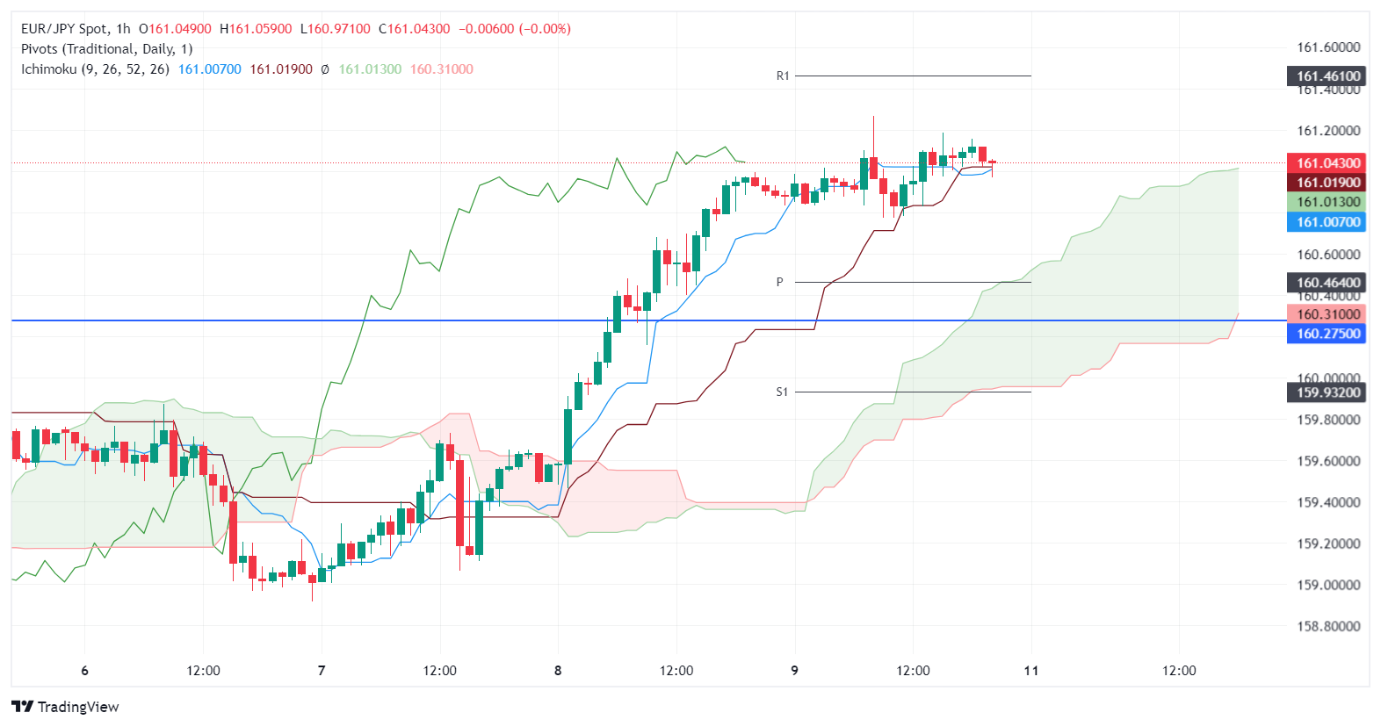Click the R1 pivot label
coord(782,76)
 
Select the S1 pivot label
coord(781,392)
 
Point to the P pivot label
coord(779,282)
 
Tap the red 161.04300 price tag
coord(1327,163)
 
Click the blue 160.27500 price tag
coord(1327,334)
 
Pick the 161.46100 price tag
coord(1327,76)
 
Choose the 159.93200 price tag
coord(1327,392)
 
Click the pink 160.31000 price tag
coord(1327,314)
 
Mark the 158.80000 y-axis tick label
coord(1328,626)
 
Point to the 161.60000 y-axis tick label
coord(1328,47)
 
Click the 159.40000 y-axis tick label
coord(1328,502)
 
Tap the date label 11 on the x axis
coord(1030,671)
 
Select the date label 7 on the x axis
coord(322,671)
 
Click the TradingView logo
coord(66,707)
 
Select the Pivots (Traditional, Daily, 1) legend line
coord(106,49)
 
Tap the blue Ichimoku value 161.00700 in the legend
coord(209,69)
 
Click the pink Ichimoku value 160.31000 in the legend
coord(441,69)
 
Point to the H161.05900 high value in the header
coord(256,29)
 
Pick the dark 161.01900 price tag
coord(1327,183)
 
